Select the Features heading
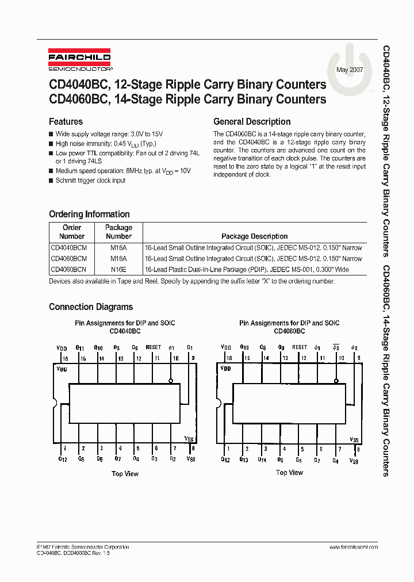pos(66,121)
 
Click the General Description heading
pos(252,121)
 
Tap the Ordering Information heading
pos(89,214)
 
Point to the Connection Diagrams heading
pos(91,307)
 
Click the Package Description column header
pos(254,236)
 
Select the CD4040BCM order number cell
pos(69,248)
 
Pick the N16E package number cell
pos(118,269)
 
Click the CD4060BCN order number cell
pos(68,269)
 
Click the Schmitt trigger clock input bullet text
pos(90,181)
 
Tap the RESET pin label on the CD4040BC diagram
pos(154,347)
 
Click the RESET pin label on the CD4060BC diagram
pos(300,347)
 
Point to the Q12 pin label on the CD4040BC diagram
pos(63,459)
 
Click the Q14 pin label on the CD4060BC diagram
pos(262,460)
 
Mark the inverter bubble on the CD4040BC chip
pos(171,381)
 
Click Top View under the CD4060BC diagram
pos(289,473)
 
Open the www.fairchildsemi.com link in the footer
pos(354,546)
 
